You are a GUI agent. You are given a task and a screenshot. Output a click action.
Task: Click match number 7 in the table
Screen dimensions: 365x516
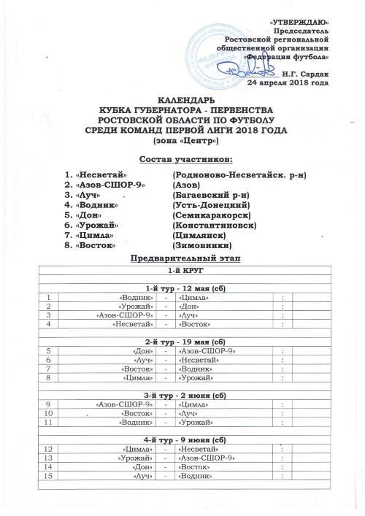(48, 368)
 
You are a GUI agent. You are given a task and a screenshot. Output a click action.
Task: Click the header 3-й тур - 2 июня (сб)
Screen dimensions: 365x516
(185, 395)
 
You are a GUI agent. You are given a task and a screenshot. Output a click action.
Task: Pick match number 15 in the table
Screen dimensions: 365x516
(48, 476)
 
